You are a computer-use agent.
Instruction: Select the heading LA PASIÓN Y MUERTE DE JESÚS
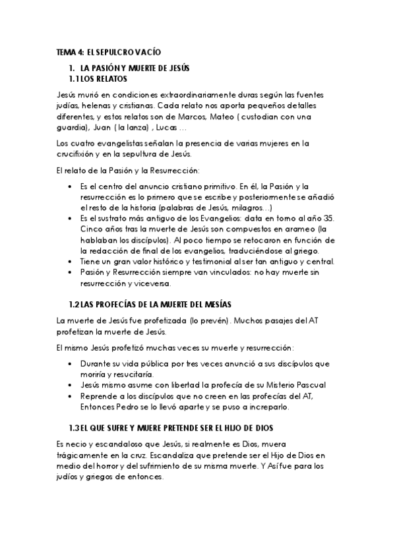[x=135, y=68]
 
